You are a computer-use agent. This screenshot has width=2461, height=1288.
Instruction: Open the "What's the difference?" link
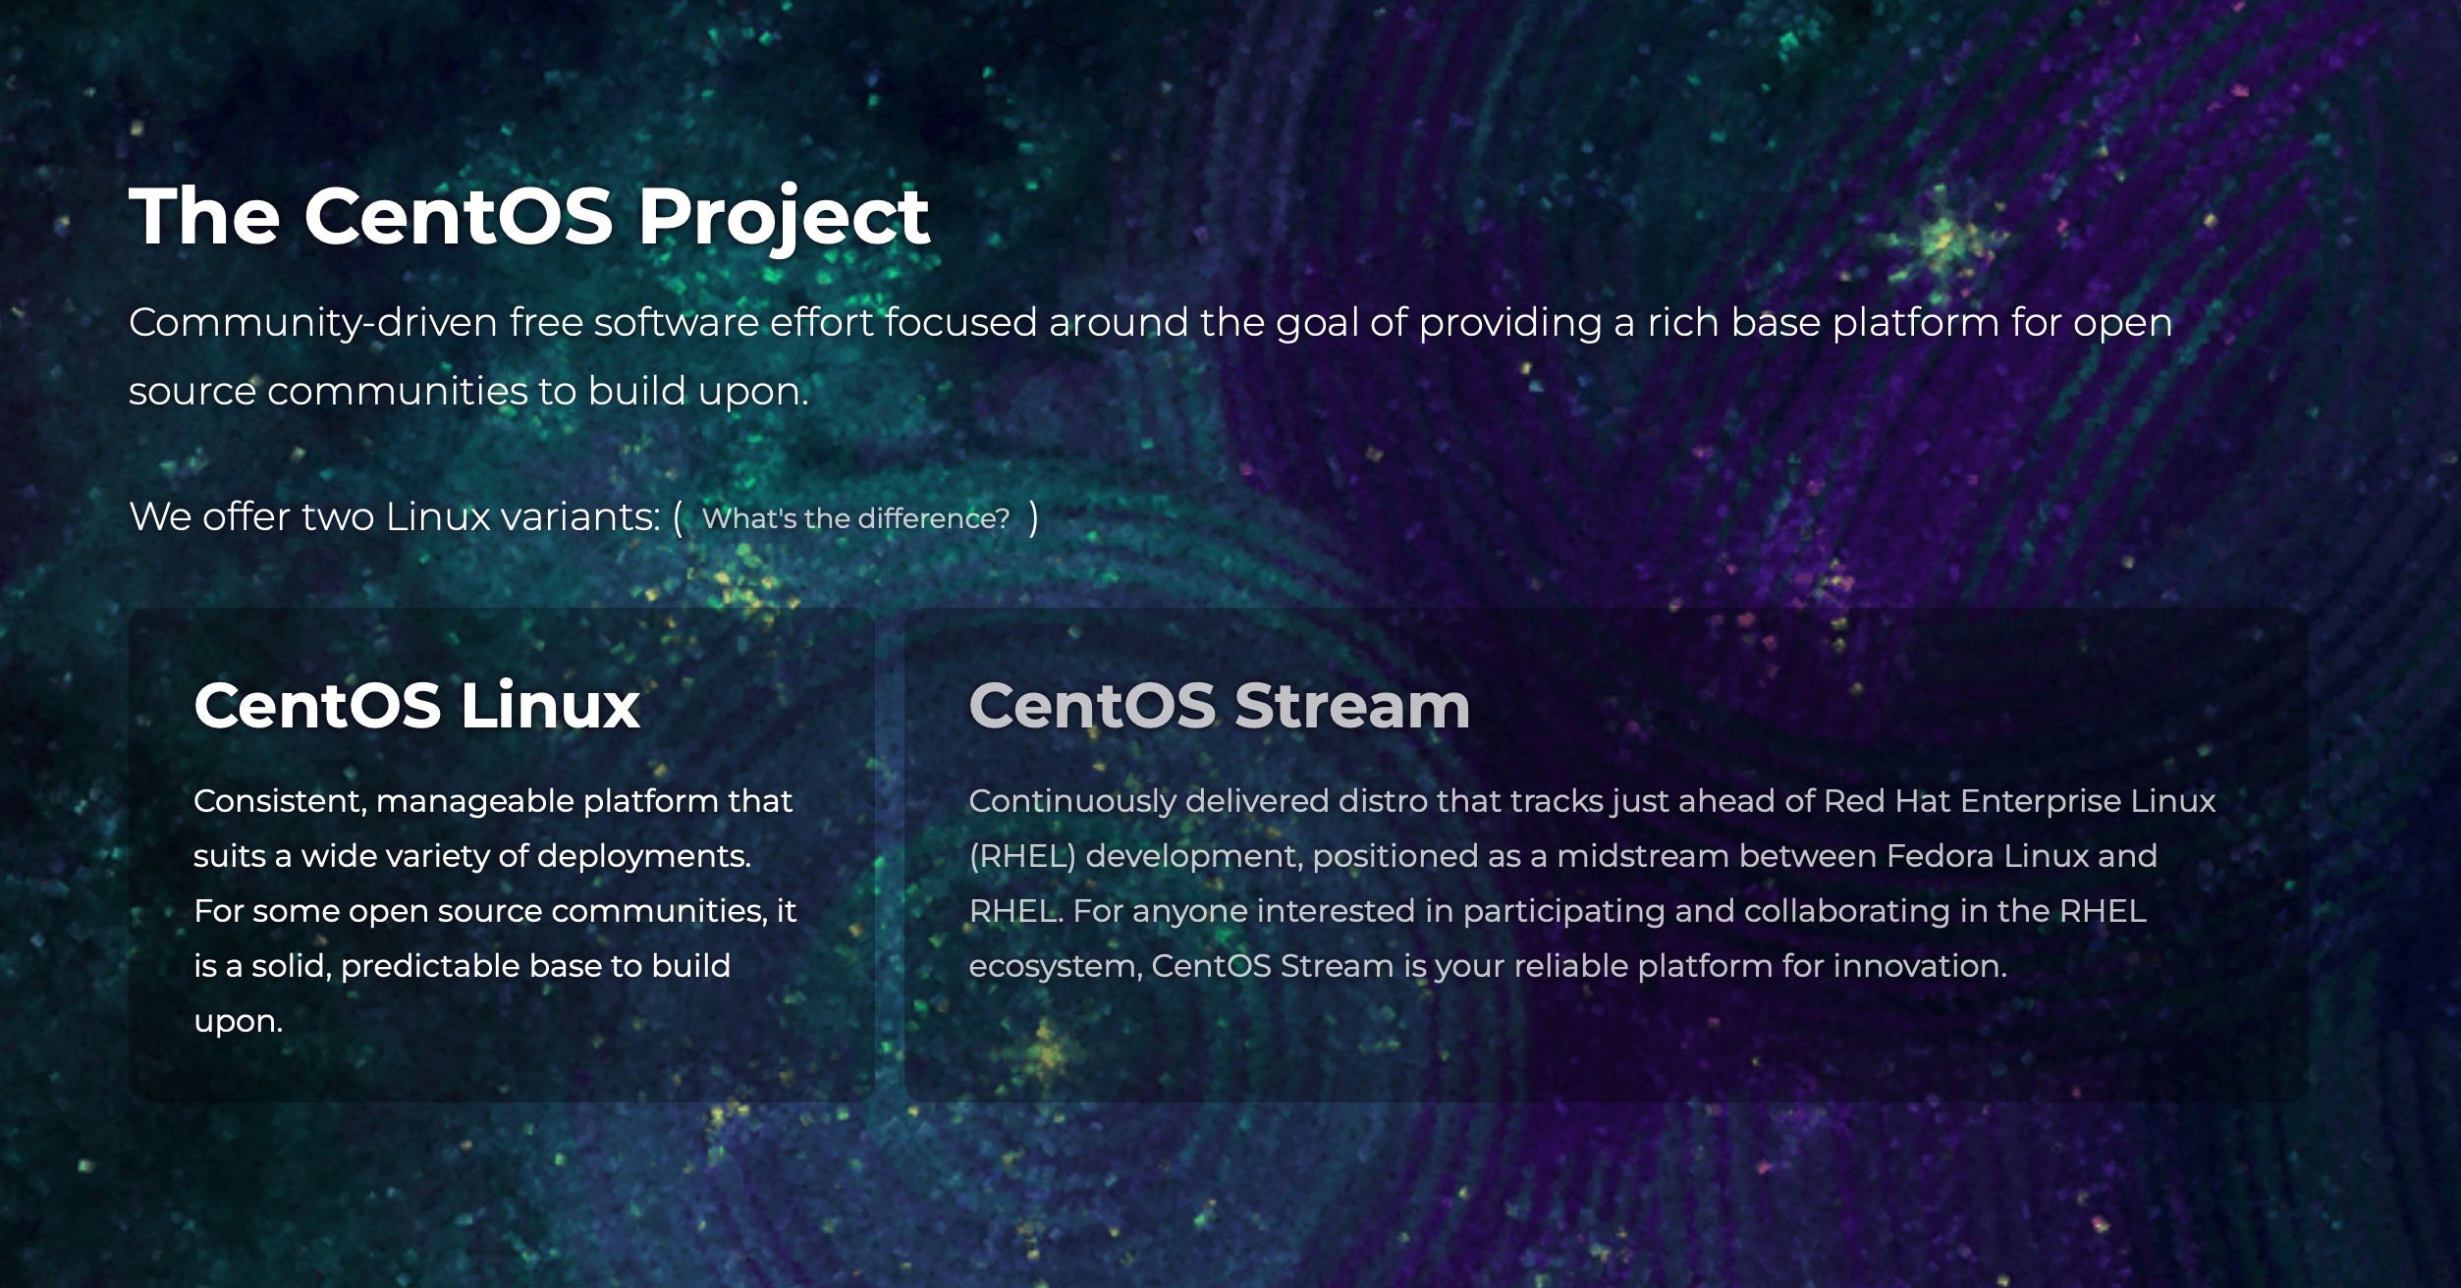[855, 518]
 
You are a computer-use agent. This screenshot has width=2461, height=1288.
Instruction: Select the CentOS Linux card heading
[416, 705]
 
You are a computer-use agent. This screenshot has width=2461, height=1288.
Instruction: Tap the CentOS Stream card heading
[1219, 705]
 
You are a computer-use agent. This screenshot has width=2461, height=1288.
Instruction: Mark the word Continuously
[1071, 801]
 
